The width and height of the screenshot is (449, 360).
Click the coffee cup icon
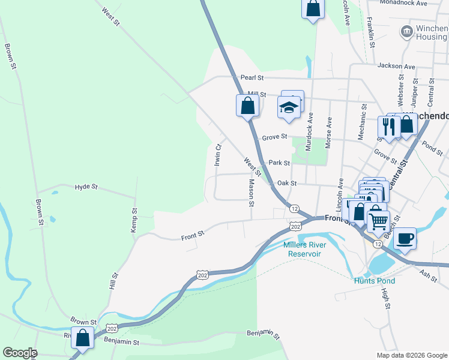[405, 238]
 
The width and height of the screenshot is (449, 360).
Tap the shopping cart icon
[378, 221]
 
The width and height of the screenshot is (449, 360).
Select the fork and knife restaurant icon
[388, 127]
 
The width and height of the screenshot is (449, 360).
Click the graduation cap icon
[289, 107]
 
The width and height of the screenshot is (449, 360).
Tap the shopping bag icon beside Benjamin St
[82, 338]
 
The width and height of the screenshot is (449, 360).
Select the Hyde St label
[86, 187]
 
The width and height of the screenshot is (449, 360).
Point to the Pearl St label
[252, 77]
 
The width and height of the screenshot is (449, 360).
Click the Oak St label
[286, 184]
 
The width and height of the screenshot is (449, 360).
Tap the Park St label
[279, 163]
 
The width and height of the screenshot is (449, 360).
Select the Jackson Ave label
[396, 66]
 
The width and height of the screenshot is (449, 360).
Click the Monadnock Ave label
[404, 3]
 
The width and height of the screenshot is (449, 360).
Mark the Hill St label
[114, 281]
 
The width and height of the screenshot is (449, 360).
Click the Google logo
[20, 353]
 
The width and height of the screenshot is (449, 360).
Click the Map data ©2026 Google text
[411, 355]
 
